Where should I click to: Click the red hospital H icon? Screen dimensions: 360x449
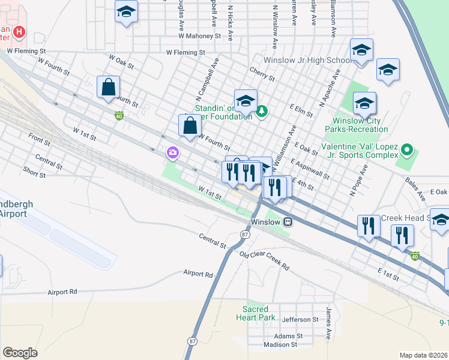(20, 32)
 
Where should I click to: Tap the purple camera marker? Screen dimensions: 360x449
(173, 154)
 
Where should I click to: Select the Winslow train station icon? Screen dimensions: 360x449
(288, 221)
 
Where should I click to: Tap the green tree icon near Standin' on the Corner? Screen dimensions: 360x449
(262, 112)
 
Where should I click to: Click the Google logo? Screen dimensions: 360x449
(20, 353)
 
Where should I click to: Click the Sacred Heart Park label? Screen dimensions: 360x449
(255, 313)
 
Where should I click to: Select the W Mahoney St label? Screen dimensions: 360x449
(199, 36)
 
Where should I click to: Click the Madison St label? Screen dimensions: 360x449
(280, 345)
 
